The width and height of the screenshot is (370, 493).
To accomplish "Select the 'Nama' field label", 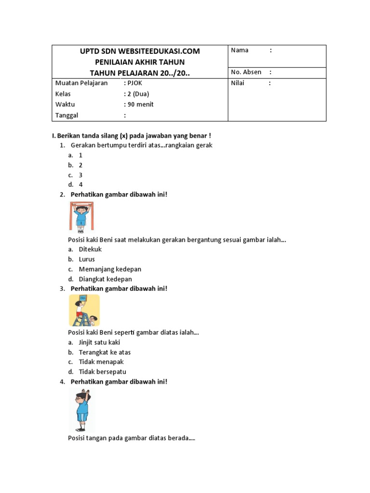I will point(240,50).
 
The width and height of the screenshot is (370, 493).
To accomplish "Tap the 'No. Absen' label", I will point(246,72).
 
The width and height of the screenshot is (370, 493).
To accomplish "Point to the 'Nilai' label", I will point(238,83).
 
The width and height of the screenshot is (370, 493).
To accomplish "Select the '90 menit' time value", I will point(140,104).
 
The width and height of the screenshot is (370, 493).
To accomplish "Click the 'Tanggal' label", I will point(67,115).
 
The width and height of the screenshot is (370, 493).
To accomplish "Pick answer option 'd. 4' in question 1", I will point(80,184).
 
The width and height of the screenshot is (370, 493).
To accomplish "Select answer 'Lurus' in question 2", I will point(87,259).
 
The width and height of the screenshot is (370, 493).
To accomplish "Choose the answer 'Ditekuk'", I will point(90,249).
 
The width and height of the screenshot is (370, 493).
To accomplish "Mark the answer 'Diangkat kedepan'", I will point(105,279).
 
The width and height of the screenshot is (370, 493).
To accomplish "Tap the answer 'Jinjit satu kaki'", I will point(99,342).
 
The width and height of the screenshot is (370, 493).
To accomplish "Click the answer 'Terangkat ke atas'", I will point(105,352).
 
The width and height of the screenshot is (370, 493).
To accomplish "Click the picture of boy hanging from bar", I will point(81,217).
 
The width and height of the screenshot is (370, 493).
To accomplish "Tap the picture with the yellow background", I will point(84,311).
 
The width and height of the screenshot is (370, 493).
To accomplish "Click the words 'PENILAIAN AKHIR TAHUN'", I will point(140,62).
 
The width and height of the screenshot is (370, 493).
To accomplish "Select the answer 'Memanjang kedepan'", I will point(110,269).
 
